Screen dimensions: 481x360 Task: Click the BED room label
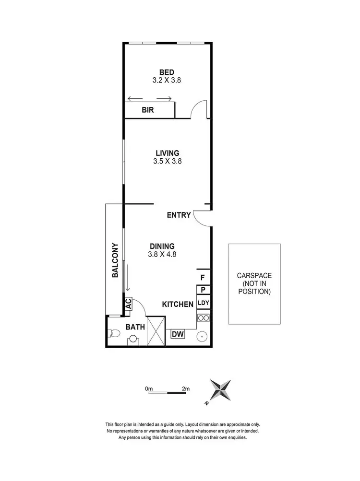(x=167, y=72)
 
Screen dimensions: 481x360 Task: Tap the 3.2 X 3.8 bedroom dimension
(x=167, y=81)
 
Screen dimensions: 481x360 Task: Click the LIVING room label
(x=167, y=153)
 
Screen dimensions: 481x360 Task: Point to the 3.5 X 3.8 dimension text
(x=167, y=162)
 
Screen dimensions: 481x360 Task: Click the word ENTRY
(x=179, y=215)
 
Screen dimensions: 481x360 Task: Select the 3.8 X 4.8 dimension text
(x=162, y=255)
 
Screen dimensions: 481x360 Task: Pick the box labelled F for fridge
(x=203, y=277)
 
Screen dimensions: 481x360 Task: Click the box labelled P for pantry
(x=203, y=290)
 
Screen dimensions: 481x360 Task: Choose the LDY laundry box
(x=203, y=303)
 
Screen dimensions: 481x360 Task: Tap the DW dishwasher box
(x=178, y=334)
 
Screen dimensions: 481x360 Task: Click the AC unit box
(x=128, y=304)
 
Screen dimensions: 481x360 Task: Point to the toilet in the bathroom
(x=114, y=333)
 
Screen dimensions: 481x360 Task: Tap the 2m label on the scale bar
(x=185, y=388)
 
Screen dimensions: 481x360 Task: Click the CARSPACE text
(x=254, y=276)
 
